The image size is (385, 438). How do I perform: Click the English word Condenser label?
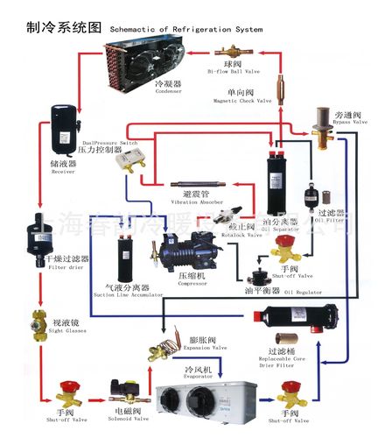[x=166, y=91]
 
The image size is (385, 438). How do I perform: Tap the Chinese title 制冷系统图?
[x=51, y=27]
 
